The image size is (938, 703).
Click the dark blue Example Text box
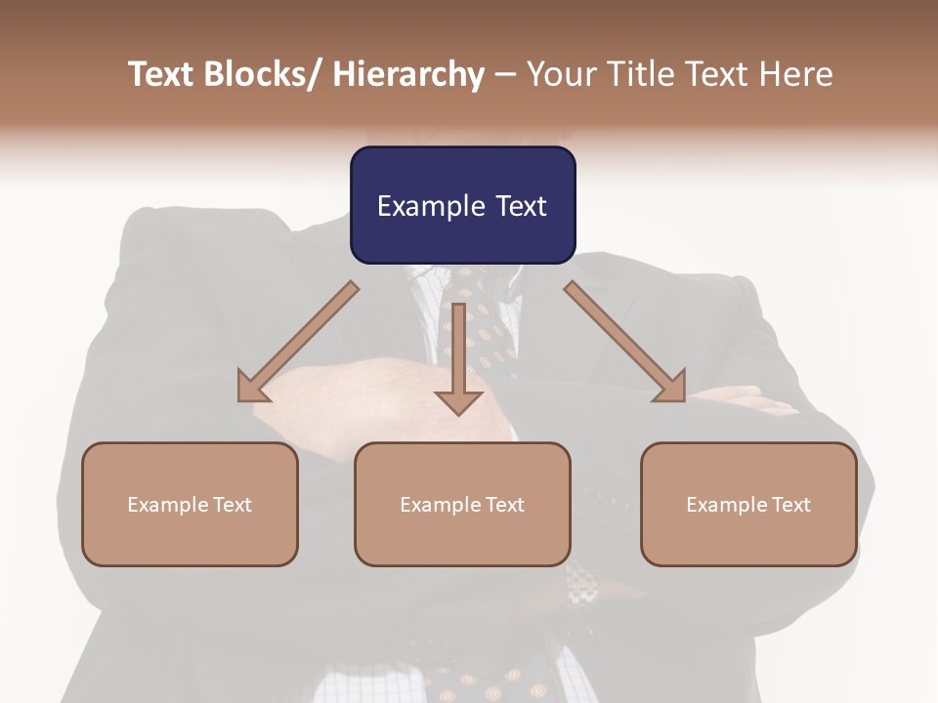(462, 205)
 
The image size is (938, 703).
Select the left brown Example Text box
(190, 504)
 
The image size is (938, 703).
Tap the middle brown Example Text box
(462, 504)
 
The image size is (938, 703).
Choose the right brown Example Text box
(748, 504)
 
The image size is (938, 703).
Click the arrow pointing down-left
(298, 342)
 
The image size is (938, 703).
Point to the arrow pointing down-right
(625, 342)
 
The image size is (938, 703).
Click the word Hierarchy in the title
(408, 74)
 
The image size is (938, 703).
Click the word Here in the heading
(794, 74)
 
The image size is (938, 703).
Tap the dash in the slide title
(505, 74)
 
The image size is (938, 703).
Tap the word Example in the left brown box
(163, 504)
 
